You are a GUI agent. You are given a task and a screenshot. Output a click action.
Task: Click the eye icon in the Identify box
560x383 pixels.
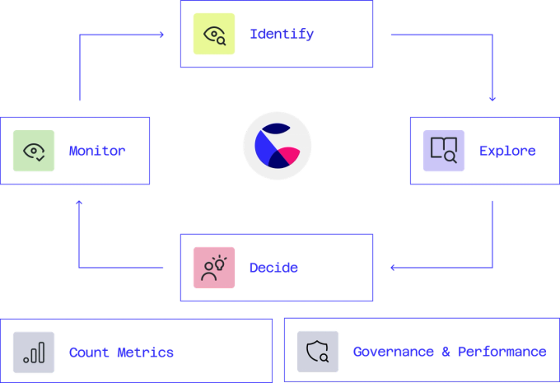click(x=214, y=35)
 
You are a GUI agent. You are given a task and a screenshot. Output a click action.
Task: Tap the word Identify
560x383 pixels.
click(x=282, y=35)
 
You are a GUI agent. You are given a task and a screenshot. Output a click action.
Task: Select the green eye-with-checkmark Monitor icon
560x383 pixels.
click(x=34, y=151)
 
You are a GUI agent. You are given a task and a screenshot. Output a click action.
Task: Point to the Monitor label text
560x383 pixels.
click(x=96, y=151)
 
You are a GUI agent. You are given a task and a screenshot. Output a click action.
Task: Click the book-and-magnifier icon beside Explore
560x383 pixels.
click(x=444, y=150)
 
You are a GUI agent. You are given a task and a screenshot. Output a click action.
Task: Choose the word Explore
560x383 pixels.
click(x=507, y=151)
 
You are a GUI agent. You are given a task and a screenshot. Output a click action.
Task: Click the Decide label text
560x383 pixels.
click(x=273, y=268)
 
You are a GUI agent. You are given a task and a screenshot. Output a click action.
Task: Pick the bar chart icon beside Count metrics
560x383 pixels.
click(x=34, y=352)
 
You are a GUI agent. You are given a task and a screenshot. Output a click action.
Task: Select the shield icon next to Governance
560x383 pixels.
click(x=317, y=352)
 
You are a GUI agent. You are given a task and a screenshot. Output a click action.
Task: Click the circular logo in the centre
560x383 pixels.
click(x=277, y=146)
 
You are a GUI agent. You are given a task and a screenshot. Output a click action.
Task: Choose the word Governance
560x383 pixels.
click(x=393, y=352)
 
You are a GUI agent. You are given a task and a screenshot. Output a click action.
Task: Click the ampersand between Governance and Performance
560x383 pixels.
click(x=446, y=352)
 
